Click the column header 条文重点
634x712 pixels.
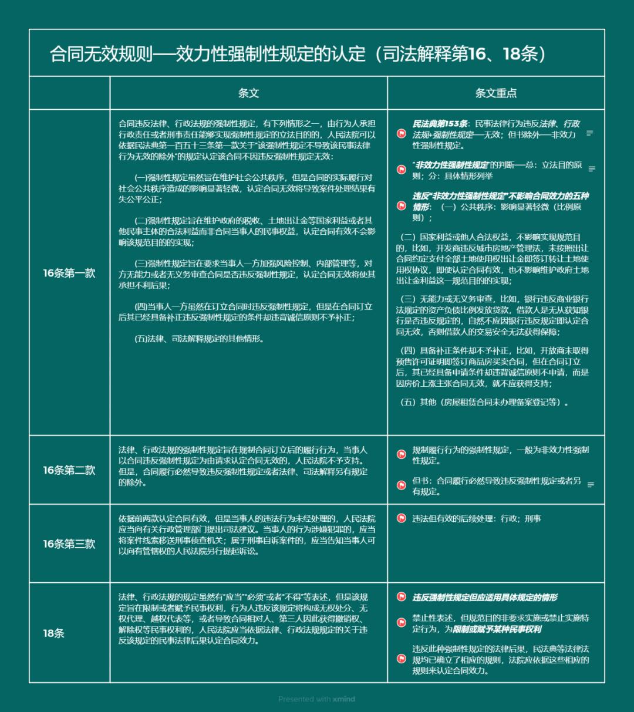[x=495, y=93]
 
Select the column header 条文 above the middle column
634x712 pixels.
[x=248, y=93]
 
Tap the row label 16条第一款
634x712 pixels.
[x=69, y=273]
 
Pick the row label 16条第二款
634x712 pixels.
[x=69, y=470]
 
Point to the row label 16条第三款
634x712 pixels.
[x=69, y=544]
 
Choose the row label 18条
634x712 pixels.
[x=54, y=633]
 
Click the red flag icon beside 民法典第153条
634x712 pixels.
[x=402, y=134]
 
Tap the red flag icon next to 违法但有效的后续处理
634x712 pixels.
[x=402, y=518]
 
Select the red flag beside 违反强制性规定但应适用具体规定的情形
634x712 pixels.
[x=402, y=597]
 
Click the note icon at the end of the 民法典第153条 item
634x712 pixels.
[x=590, y=133]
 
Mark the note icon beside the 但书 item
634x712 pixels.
[x=591, y=485]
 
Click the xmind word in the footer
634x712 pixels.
[x=344, y=699]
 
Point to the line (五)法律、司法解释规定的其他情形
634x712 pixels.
[x=200, y=339]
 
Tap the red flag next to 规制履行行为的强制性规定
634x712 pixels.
[x=402, y=454]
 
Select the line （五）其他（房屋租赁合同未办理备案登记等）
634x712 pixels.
[x=484, y=403]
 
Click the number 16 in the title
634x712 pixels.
[x=478, y=54]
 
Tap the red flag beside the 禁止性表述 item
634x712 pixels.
[x=402, y=623]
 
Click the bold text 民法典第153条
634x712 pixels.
[x=440, y=124]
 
